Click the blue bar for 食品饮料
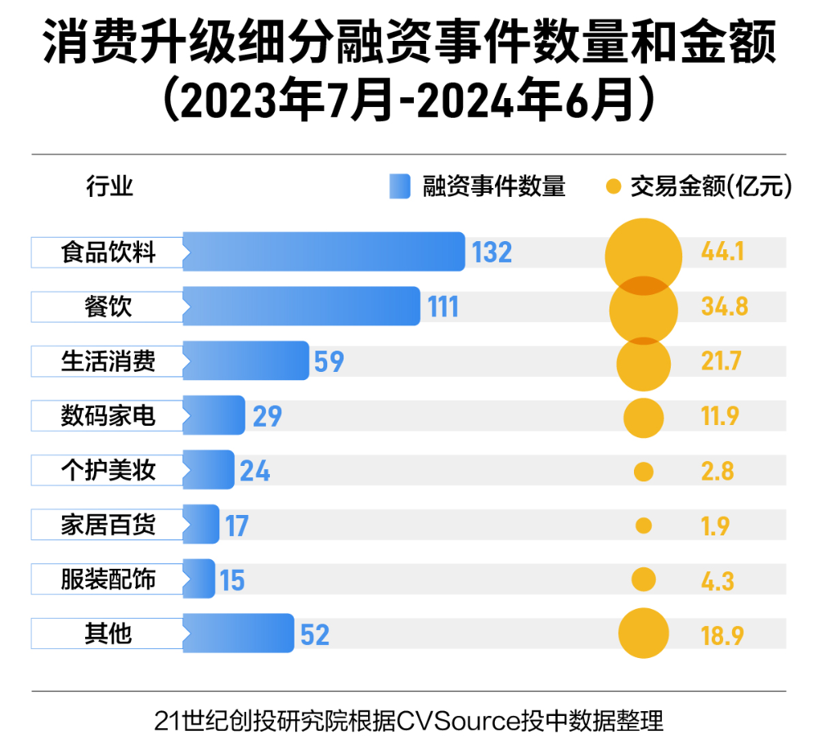click(324, 252)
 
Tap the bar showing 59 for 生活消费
click(245, 360)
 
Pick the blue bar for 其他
click(238, 633)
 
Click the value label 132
click(492, 253)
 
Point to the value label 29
click(267, 416)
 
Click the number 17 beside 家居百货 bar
click(236, 525)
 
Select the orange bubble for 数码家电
click(644, 417)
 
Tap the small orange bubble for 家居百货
click(644, 526)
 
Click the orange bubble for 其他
click(644, 633)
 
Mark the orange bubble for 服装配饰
click(644, 580)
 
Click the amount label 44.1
click(722, 252)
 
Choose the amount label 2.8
click(717, 471)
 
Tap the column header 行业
click(110, 187)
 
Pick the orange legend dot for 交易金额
click(613, 187)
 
